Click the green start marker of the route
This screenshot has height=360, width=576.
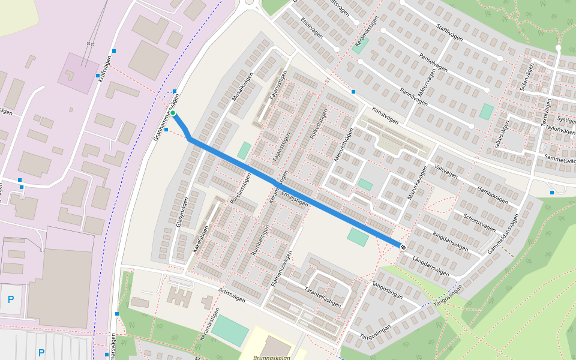coord(173,113)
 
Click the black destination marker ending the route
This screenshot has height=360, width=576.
coord(403,246)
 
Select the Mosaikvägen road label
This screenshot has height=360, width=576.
coord(243,87)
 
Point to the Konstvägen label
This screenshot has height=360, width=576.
coord(385,116)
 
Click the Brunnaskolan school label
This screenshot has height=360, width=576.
coord(264,358)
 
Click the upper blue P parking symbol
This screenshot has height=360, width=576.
coord(10,299)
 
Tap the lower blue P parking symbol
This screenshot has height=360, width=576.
coord(41,352)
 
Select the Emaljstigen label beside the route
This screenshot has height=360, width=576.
coord(295,200)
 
